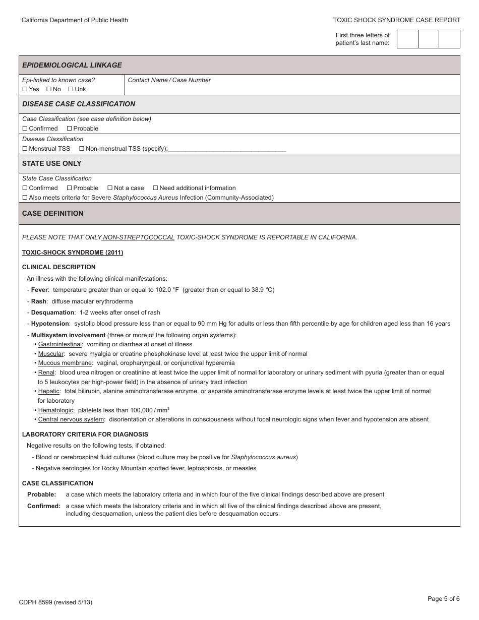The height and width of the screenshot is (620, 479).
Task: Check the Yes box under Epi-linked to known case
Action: click(x=25, y=89)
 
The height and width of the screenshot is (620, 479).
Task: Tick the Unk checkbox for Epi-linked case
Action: click(x=71, y=89)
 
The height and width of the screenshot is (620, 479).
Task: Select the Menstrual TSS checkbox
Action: click(x=25, y=149)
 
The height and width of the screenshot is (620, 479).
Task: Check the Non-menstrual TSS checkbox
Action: click(x=82, y=149)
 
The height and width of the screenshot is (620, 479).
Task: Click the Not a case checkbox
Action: click(x=110, y=188)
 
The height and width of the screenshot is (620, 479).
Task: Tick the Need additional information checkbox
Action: click(x=155, y=188)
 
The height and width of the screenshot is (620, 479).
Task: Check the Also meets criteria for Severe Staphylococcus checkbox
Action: click(x=25, y=198)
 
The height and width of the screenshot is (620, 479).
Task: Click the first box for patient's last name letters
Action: click(x=407, y=39)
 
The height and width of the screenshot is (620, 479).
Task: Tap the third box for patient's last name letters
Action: click(x=449, y=39)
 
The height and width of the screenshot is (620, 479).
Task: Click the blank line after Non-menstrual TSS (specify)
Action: click(x=226, y=149)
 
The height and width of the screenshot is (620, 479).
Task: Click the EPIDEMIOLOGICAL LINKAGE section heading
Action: click(x=72, y=65)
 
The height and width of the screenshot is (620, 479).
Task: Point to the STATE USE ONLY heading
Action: click(x=51, y=164)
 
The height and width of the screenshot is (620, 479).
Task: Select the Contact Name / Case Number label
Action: click(x=169, y=80)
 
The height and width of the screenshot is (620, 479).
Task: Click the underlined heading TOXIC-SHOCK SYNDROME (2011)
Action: click(x=73, y=253)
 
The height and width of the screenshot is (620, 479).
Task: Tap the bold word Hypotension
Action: click(x=50, y=324)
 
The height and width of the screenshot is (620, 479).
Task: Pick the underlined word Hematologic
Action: click(x=55, y=410)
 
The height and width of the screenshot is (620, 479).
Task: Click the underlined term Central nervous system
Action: click(x=71, y=419)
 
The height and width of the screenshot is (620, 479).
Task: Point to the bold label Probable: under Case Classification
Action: click(x=42, y=494)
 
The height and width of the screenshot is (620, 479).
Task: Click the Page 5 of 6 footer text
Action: click(x=443, y=599)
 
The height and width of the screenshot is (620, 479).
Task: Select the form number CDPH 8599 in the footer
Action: click(x=35, y=602)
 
